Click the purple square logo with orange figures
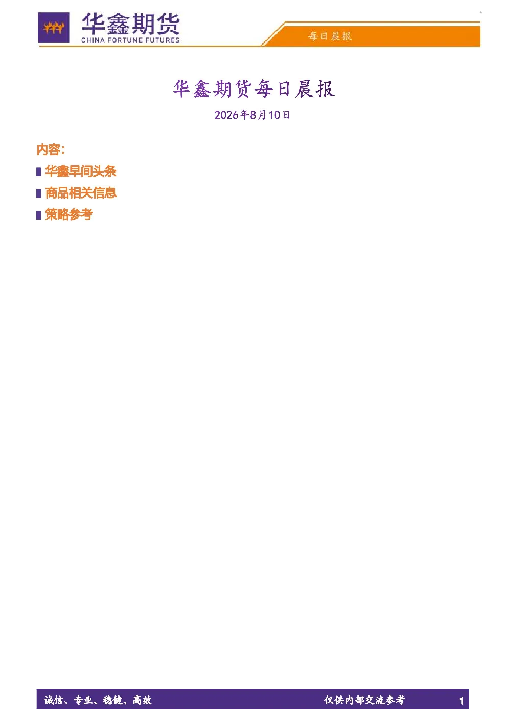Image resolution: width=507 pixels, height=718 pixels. (54, 28)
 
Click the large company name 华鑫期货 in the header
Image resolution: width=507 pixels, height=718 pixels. (131, 24)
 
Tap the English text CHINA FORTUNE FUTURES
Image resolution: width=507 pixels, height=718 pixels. (130, 40)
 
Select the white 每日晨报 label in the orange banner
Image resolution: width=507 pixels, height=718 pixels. (330, 36)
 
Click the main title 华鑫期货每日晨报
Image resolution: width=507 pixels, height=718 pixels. (254, 89)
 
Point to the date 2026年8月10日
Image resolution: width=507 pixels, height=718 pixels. (252, 115)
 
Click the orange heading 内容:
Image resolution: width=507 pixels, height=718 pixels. (51, 150)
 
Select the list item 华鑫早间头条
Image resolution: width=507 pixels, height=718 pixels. (81, 171)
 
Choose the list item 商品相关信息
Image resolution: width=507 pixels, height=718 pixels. (81, 193)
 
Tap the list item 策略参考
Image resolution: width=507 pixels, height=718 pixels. (69, 214)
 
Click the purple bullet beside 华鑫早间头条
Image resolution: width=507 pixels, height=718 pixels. (39, 172)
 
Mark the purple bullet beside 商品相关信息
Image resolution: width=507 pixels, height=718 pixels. (39, 193)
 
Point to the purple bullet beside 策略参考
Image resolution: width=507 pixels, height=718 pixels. (39, 215)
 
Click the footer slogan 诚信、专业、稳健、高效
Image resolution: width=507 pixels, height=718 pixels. (98, 700)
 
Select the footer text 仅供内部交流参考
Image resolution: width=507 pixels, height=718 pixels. (364, 700)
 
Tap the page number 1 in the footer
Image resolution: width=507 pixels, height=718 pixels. (461, 701)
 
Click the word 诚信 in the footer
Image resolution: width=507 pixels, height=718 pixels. (54, 700)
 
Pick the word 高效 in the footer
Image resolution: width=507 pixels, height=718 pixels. (143, 700)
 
